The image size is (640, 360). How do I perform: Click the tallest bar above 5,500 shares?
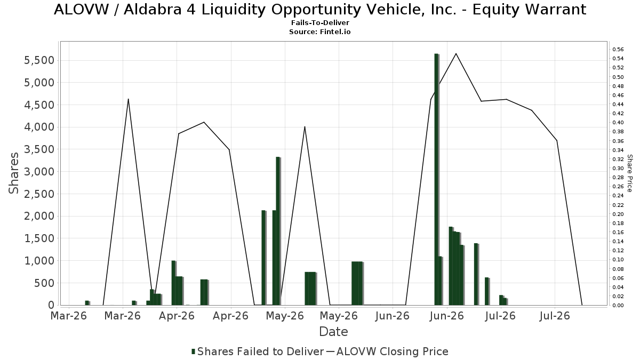coord(436,179)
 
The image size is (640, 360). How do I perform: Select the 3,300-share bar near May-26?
coord(278,231)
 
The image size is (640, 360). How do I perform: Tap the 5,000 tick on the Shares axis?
coord(39,83)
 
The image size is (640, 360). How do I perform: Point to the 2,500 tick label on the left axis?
coord(39,194)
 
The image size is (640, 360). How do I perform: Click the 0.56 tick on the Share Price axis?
coord(618,50)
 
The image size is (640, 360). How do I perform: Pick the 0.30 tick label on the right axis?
coord(618,169)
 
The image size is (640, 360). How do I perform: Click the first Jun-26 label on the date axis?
coord(393,316)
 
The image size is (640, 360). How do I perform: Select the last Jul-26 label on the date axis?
coord(555,316)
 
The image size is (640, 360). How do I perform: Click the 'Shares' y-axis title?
coord(13,173)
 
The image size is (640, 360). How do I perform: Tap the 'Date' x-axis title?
coord(333,332)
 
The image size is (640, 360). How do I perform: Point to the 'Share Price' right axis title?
coord(629,173)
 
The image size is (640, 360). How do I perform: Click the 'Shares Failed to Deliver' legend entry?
coord(258,351)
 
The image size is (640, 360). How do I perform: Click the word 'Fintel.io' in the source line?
coord(335,31)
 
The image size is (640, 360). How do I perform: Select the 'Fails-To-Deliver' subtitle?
coord(320,22)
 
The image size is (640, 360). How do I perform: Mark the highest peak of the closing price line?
coord(455,53)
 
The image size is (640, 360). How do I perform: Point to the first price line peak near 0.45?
coord(129,99)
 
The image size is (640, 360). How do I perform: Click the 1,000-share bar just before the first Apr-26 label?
coord(173,283)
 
